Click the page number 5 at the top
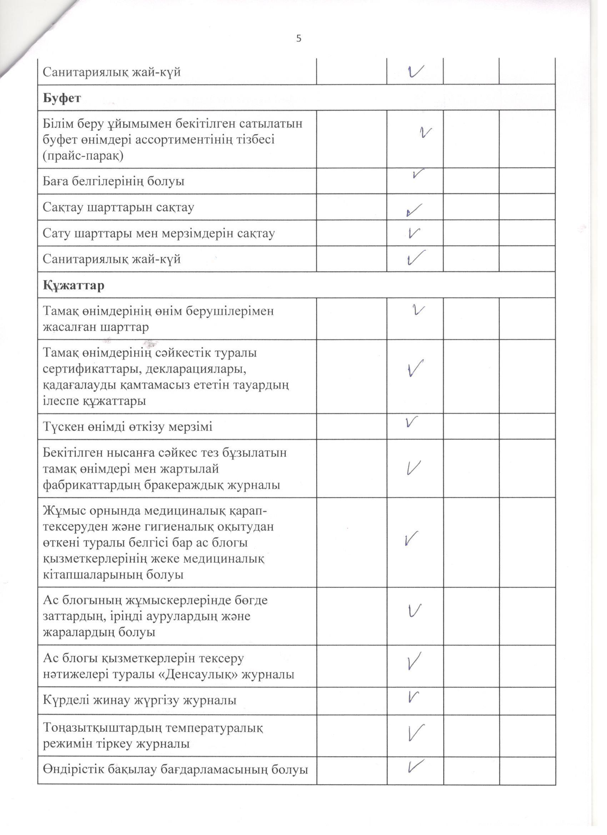tap(299, 38)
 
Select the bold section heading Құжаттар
tap(74, 285)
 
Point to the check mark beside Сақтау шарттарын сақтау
tap(414, 210)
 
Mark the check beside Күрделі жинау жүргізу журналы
tap(414, 696)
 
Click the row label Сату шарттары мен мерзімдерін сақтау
tap(159, 234)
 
